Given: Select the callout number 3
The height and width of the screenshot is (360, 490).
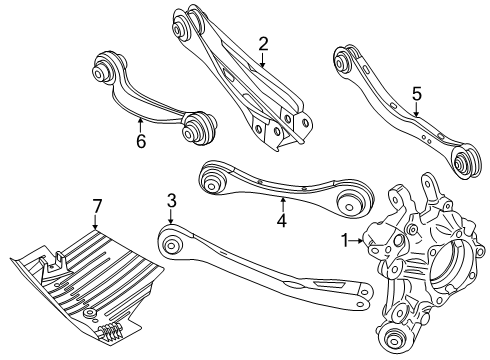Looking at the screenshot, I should [x=171, y=202].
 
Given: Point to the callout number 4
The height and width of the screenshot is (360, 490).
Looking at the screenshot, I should [x=281, y=218].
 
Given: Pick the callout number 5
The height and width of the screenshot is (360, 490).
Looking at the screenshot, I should [x=417, y=93].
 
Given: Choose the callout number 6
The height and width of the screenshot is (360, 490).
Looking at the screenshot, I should [x=142, y=143].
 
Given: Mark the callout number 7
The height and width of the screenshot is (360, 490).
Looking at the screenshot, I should [x=97, y=206].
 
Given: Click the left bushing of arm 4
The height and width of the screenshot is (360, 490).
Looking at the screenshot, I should [x=213, y=180].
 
